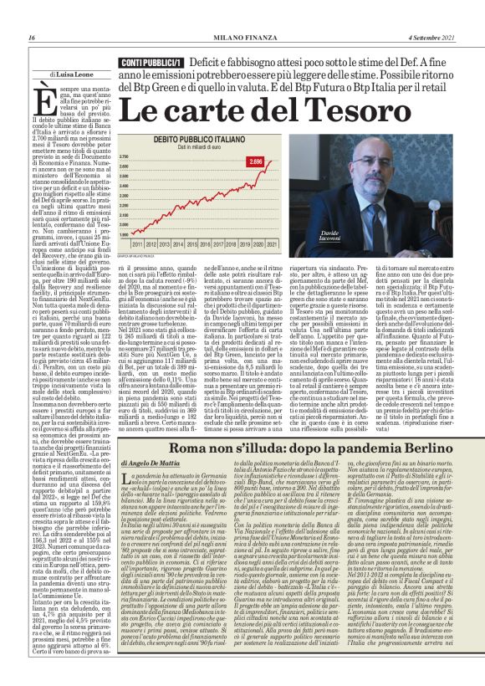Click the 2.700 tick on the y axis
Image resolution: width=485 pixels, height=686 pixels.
124,156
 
